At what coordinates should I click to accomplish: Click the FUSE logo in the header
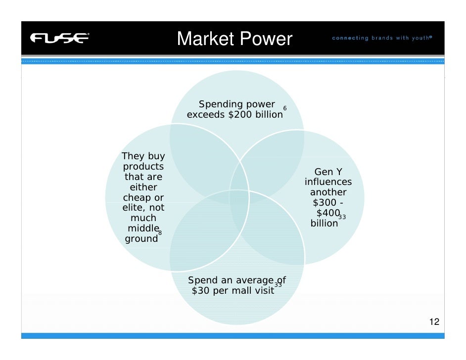pyautogui.click(x=59, y=38)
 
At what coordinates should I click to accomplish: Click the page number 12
pyautogui.click(x=434, y=322)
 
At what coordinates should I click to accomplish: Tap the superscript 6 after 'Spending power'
pyautogui.click(x=284, y=108)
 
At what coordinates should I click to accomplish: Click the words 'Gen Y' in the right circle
pyautogui.click(x=328, y=172)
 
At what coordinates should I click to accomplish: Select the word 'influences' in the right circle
pyautogui.click(x=328, y=182)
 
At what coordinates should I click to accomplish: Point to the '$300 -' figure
pyautogui.click(x=328, y=203)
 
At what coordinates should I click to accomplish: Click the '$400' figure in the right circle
pyautogui.click(x=327, y=213)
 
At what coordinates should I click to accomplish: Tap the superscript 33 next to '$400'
pyautogui.click(x=342, y=217)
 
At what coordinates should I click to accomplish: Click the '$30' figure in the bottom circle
pyautogui.click(x=201, y=291)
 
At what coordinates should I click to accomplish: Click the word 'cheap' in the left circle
pyautogui.click(x=134, y=198)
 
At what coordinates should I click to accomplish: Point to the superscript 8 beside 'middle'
pyautogui.click(x=160, y=232)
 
